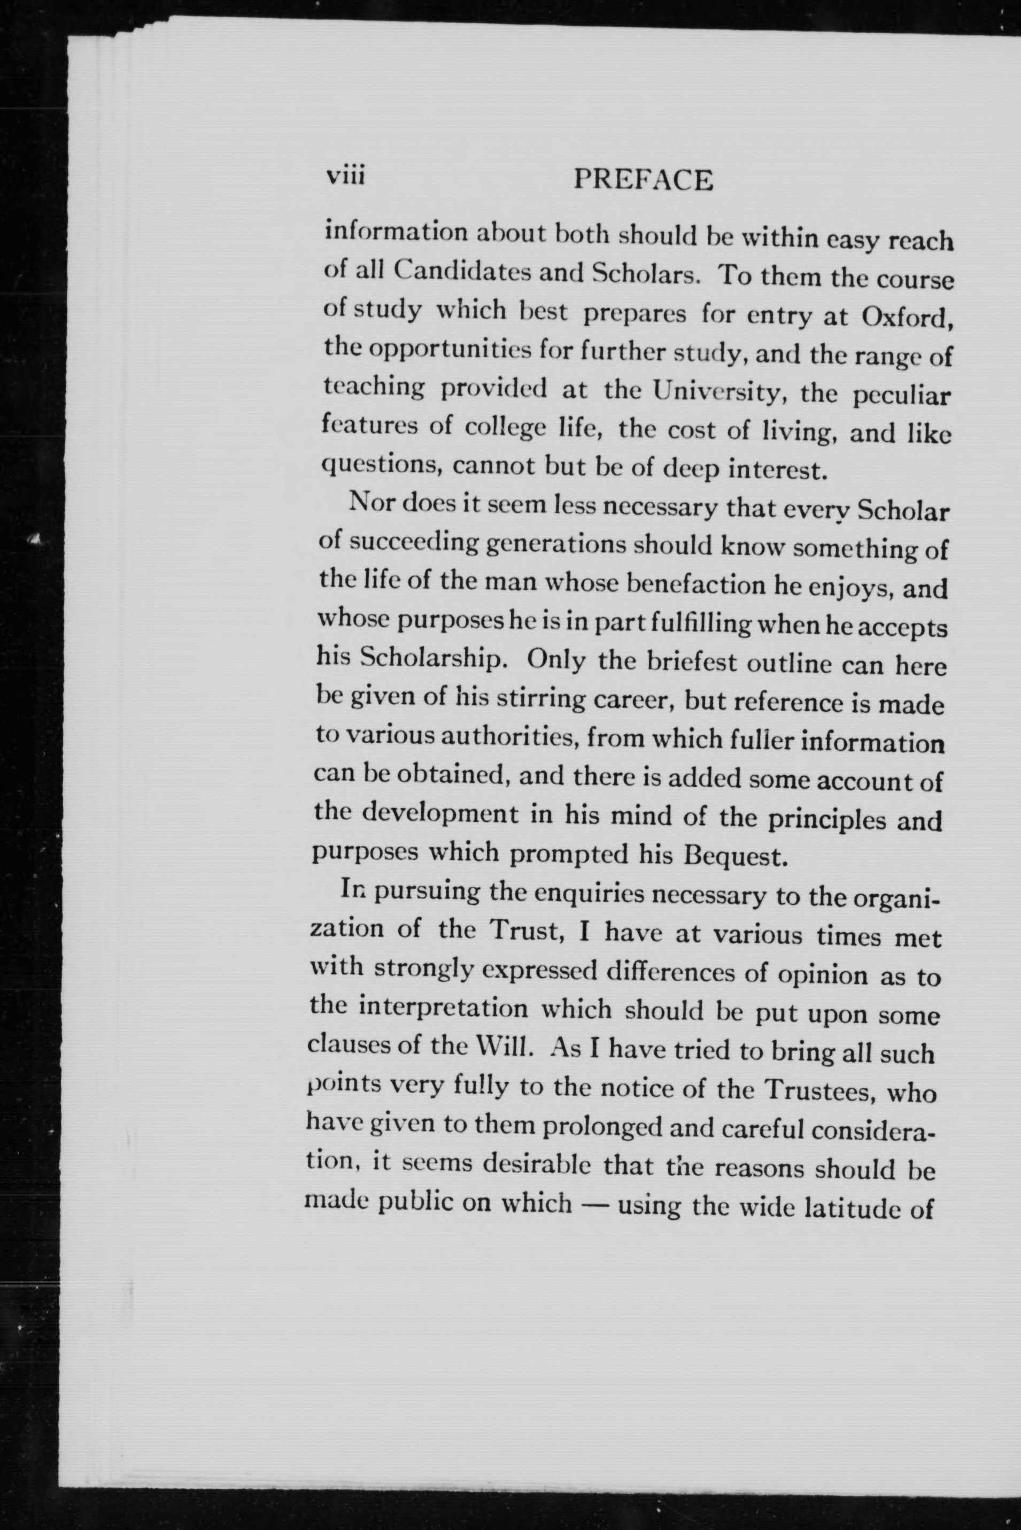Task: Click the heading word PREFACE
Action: coord(643,180)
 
